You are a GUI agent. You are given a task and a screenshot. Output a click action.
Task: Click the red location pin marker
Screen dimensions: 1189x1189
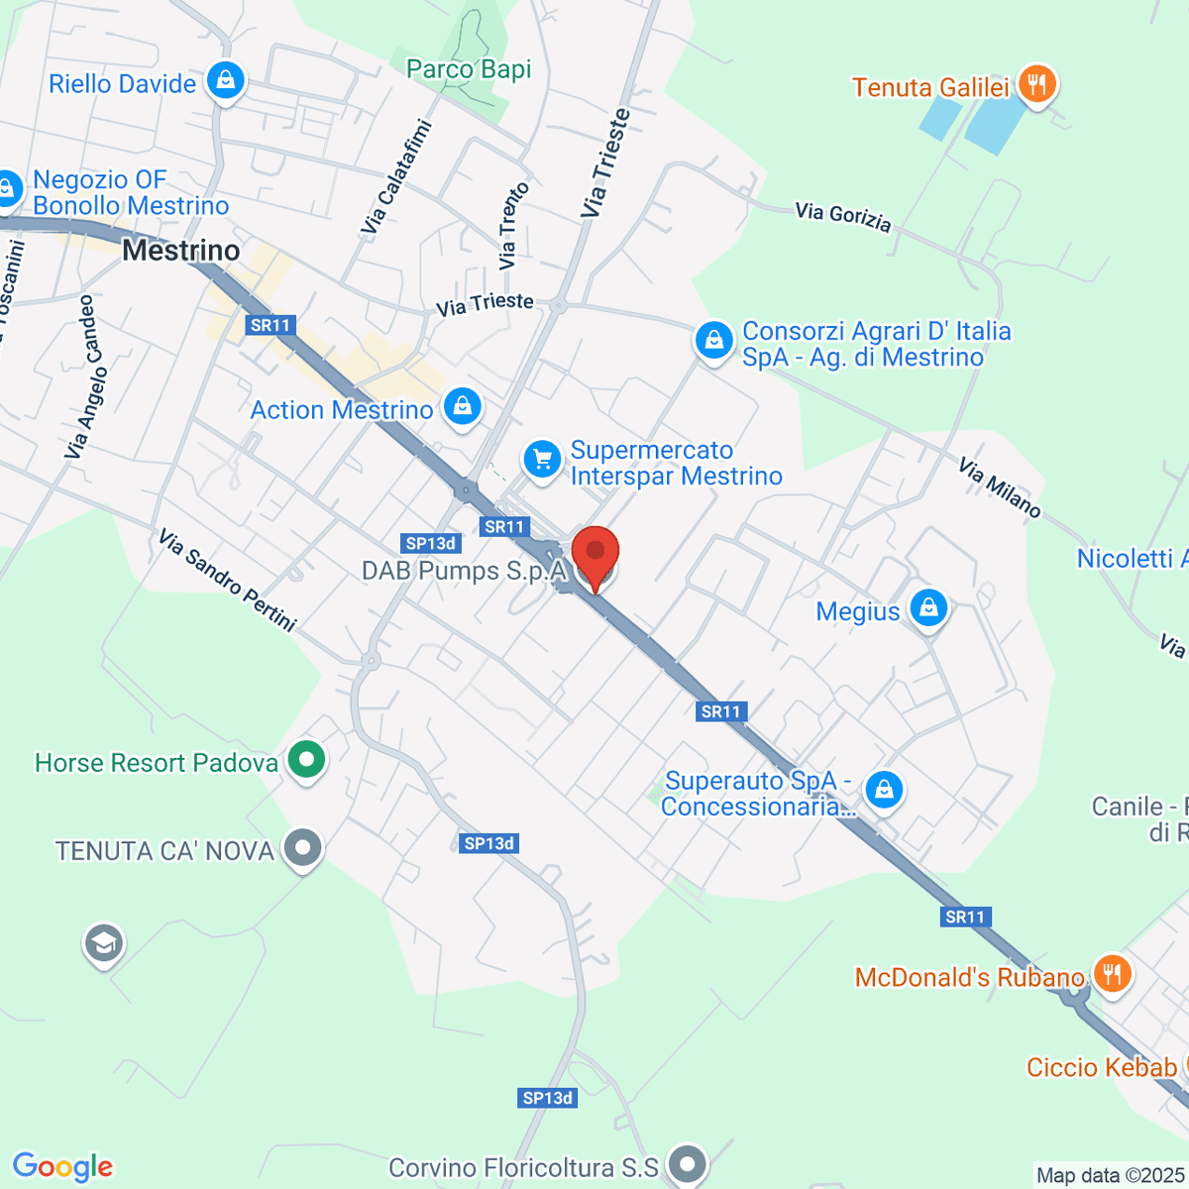point(595,555)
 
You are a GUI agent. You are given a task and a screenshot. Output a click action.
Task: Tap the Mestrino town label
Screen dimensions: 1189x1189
point(181,251)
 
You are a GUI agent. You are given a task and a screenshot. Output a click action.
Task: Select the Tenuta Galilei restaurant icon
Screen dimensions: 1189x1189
point(1036,85)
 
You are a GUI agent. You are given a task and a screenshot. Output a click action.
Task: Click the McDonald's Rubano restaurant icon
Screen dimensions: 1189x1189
point(1111,975)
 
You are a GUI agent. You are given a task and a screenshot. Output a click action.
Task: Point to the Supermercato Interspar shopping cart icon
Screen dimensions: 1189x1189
point(542,461)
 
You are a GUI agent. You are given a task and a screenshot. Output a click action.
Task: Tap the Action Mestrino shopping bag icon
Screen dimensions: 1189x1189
point(462,407)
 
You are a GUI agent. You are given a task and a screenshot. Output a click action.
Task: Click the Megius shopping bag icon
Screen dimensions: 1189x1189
point(928,608)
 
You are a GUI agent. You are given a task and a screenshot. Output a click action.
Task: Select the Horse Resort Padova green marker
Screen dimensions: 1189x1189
point(306,761)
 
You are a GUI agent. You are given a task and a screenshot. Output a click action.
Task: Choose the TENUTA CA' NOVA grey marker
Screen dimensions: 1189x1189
point(302,849)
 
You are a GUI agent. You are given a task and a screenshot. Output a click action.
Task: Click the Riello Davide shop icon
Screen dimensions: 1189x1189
point(226,81)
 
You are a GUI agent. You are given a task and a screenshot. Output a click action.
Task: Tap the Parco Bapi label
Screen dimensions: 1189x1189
point(469,69)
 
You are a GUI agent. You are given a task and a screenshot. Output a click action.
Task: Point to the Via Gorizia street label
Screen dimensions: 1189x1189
point(843,217)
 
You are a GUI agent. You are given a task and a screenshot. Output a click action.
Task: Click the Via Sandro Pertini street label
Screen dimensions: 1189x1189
point(227,581)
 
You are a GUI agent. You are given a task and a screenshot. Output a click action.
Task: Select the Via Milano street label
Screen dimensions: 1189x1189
point(999,487)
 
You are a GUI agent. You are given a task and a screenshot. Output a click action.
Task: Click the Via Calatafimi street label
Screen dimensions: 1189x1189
point(397,177)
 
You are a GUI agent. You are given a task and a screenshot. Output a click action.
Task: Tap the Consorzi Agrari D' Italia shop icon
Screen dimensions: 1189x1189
point(713,342)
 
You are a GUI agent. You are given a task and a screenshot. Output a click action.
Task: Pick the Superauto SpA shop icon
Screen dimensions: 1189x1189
point(883,792)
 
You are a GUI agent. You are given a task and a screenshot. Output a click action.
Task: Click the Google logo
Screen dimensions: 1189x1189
point(62,1166)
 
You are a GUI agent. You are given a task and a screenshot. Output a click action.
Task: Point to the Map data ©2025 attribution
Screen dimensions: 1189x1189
point(1110,1175)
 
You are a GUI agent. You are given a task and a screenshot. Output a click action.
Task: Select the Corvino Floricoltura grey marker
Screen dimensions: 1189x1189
point(687,1165)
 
